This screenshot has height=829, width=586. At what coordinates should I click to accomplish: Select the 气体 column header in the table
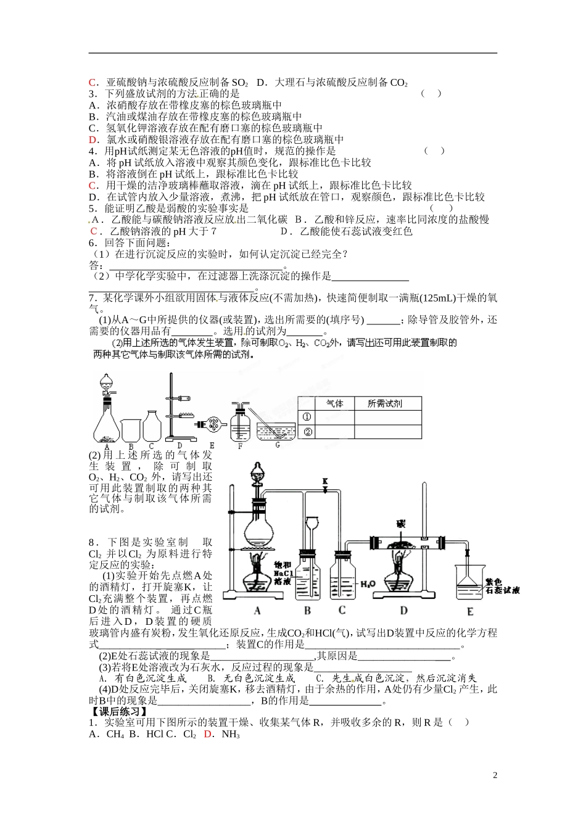click(334, 403)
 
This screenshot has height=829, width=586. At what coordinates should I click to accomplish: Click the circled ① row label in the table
click(307, 418)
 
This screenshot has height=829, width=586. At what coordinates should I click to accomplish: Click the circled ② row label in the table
click(307, 432)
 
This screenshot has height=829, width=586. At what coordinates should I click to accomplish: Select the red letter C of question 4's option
click(92, 186)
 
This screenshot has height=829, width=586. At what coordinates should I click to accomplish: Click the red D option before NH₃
click(207, 735)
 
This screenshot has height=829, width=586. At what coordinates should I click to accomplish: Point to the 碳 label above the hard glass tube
click(402, 525)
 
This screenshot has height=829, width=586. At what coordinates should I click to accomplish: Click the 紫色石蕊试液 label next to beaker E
click(501, 585)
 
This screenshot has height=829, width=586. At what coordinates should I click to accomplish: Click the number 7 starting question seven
click(92, 297)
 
